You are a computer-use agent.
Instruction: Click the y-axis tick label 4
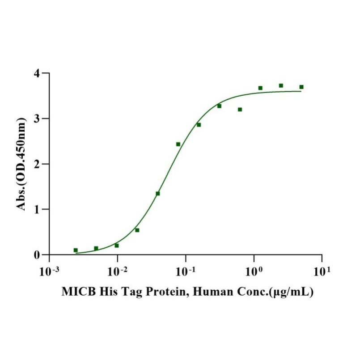pyautogui.click(x=39, y=73)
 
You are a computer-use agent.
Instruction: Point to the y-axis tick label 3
pyautogui.click(x=39, y=119)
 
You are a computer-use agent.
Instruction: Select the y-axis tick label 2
pyautogui.click(x=39, y=164)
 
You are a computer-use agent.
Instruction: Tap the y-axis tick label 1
pyautogui.click(x=39, y=209)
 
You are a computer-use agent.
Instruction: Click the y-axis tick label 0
pyautogui.click(x=39, y=255)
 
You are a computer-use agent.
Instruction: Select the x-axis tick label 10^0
pyautogui.click(x=254, y=271)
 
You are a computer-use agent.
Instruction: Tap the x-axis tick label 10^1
pyautogui.click(x=322, y=271)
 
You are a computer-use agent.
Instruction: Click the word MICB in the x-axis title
pyautogui.click(x=77, y=292)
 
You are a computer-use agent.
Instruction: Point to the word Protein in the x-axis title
pyautogui.click(x=157, y=292)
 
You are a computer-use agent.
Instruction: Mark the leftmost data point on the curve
pyautogui.click(x=76, y=250)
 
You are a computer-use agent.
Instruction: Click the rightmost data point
pyautogui.click(x=301, y=87)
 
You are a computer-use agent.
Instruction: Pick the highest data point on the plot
pyautogui.click(x=281, y=85)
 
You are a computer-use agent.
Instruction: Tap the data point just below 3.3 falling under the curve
pyautogui.click(x=240, y=110)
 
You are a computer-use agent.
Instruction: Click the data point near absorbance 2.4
pyautogui.click(x=178, y=144)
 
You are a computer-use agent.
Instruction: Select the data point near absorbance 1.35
pyautogui.click(x=158, y=194)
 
